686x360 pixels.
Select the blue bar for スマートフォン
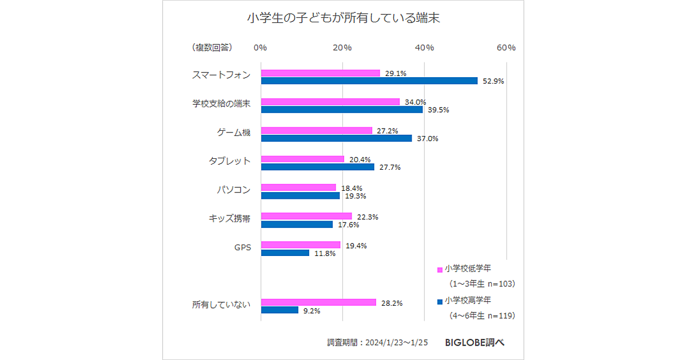pos(369,81)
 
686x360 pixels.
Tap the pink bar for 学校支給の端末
pos(330,102)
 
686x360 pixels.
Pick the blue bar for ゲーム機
pos(336,138)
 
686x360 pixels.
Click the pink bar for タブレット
pos(303,159)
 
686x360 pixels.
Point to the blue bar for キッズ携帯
pos(297,225)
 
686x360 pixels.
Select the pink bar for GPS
pos(301,245)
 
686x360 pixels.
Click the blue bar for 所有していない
pos(280,310)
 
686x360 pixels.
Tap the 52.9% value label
pos(493,81)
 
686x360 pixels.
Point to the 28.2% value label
pos(392,303)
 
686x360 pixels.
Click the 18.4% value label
pos(352,188)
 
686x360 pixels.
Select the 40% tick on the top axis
pos(424,47)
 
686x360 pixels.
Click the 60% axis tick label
pos(506,47)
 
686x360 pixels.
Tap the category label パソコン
pos(233,189)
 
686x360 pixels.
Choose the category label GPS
pos(242,247)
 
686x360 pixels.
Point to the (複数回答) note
pos(212,47)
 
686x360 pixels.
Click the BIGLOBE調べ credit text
pos(474,342)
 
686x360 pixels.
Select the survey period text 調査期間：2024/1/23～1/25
pos(377,342)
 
